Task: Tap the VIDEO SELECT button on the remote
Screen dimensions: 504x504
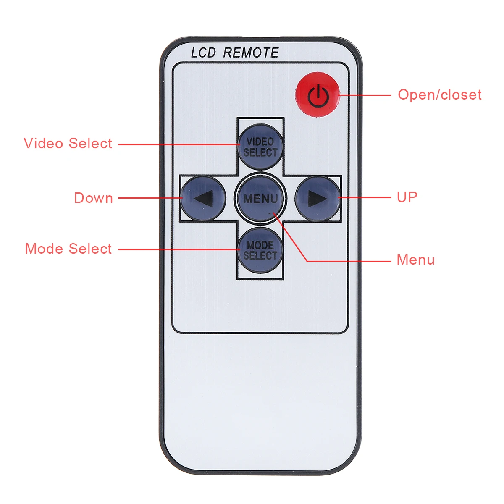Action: [x=260, y=147]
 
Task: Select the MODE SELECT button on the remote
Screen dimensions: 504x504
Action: [x=260, y=250]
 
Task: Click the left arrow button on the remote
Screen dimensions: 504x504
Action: [x=201, y=198]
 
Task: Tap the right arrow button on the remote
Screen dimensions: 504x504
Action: [x=318, y=198]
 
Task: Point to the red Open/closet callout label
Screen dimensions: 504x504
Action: [x=439, y=95]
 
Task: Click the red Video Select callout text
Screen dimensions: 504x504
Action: [x=68, y=144]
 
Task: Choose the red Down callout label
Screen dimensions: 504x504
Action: [x=93, y=198]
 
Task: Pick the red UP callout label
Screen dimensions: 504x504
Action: [x=407, y=197]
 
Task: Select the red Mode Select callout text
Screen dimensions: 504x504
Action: [x=68, y=249]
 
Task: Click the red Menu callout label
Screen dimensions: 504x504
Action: [x=415, y=260]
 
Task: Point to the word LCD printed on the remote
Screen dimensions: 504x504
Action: [x=203, y=53]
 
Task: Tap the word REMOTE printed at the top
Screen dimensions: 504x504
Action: [x=251, y=53]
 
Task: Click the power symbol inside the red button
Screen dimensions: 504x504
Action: [x=318, y=96]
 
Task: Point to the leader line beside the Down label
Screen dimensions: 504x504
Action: [x=149, y=198]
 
